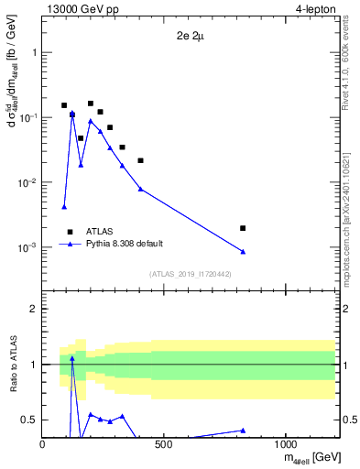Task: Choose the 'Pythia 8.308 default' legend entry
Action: (x=123, y=244)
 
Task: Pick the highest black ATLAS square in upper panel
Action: (x=91, y=104)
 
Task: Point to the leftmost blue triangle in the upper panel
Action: (x=64, y=207)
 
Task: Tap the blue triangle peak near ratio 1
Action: (x=72, y=358)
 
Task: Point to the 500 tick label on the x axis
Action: (x=164, y=445)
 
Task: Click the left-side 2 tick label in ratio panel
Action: (x=33, y=310)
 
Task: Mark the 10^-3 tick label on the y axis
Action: (x=26, y=248)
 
